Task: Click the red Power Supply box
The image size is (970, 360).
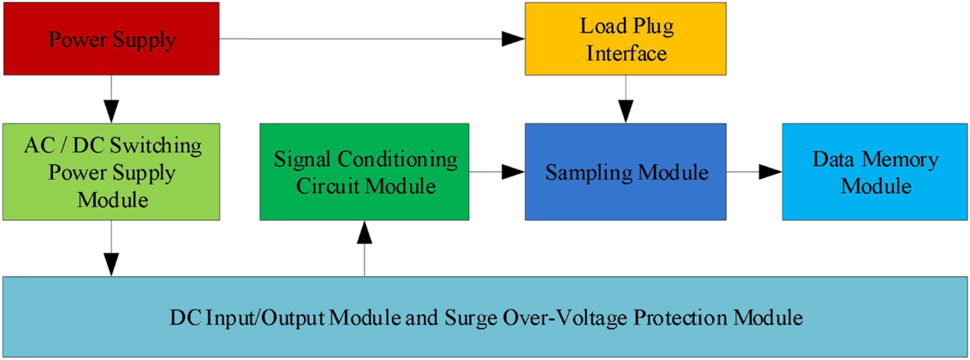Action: (x=112, y=38)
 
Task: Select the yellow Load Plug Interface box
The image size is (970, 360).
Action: (x=625, y=39)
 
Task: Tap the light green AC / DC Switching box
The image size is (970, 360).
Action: (x=112, y=172)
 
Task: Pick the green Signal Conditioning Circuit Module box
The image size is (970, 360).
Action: (x=364, y=172)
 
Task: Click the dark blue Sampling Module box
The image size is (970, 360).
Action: (x=625, y=172)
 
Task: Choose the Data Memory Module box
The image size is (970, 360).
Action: (x=875, y=172)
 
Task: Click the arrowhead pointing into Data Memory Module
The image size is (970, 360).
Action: (x=772, y=172)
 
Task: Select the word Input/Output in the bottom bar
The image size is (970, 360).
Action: (x=252, y=318)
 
